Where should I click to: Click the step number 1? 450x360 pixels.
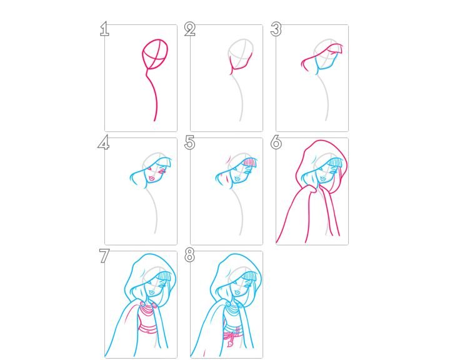(x=104, y=29)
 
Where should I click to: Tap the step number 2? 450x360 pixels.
(x=190, y=29)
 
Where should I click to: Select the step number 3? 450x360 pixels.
(x=276, y=29)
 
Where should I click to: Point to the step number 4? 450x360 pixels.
(x=104, y=142)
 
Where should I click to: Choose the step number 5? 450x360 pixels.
(x=190, y=142)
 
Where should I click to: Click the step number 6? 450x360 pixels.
(x=276, y=142)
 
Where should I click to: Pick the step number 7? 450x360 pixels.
(x=104, y=256)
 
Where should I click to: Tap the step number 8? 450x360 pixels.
(x=190, y=255)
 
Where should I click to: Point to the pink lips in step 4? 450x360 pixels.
(x=152, y=179)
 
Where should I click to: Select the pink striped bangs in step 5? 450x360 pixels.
(x=250, y=162)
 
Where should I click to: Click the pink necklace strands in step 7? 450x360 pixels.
(x=147, y=310)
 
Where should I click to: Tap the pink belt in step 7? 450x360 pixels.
(x=148, y=329)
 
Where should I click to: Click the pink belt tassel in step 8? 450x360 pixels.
(x=231, y=339)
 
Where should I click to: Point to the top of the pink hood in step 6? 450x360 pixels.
(x=321, y=141)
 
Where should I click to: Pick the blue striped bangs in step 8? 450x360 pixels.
(x=250, y=276)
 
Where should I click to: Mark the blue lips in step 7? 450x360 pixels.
(x=152, y=292)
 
